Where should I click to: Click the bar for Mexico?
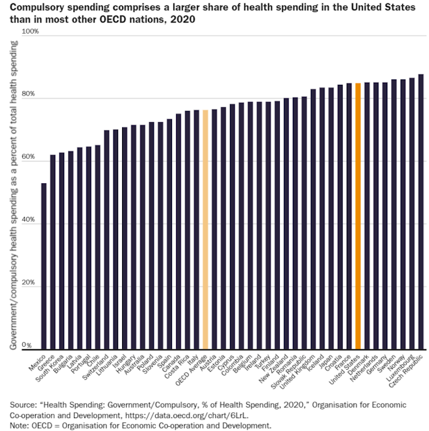(44, 266)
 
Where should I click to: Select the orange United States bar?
(359, 216)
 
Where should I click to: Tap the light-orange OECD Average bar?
(206, 230)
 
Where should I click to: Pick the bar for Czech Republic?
(421, 211)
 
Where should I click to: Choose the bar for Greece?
(53, 252)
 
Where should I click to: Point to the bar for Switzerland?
(107, 240)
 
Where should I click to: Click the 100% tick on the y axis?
(31, 32)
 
